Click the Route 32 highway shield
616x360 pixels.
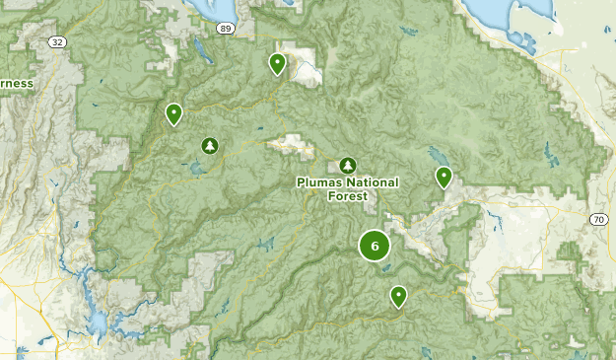(58, 42)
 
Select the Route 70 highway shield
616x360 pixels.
(599, 218)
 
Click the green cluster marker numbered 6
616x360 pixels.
(375, 246)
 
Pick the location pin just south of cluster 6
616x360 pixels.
(398, 295)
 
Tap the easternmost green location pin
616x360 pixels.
(444, 178)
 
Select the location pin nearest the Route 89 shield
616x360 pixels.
(278, 64)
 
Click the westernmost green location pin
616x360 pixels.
(173, 114)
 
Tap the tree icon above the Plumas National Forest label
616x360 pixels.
(346, 165)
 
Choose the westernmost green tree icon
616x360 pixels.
(209, 146)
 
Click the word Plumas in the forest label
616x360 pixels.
(318, 182)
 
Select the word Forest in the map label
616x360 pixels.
(348, 195)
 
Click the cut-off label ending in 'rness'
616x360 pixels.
(16, 84)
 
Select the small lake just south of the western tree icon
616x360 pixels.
(200, 169)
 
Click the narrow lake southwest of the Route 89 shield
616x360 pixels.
(202, 49)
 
